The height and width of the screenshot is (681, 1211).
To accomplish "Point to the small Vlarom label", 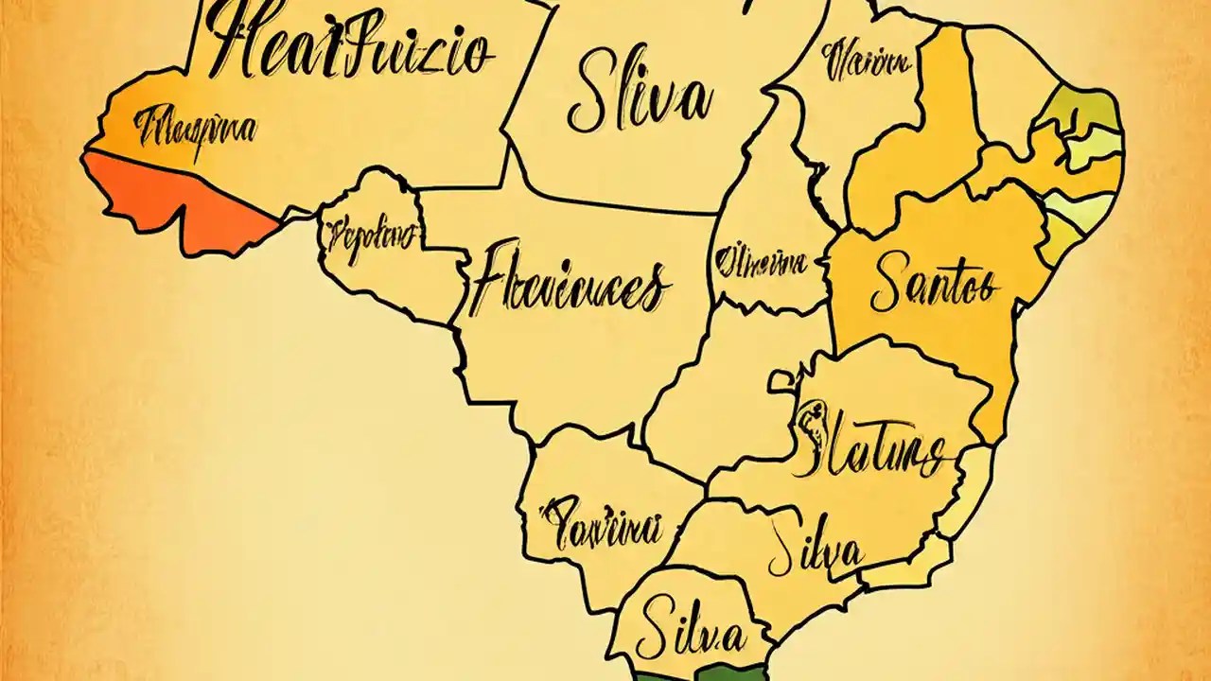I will [866, 63].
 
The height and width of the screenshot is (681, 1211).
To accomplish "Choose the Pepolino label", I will [369, 236].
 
